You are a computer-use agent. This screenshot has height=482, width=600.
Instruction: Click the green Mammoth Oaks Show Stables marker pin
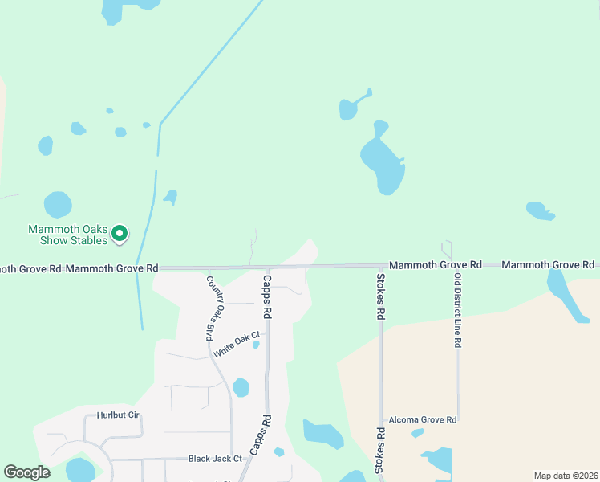(x=120, y=234)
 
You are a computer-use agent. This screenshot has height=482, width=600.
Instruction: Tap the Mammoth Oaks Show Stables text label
(x=68, y=234)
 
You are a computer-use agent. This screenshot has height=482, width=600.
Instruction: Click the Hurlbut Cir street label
(x=118, y=415)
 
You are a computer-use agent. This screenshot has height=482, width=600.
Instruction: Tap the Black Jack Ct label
(x=215, y=459)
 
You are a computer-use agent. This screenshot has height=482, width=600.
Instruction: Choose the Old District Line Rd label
(x=457, y=310)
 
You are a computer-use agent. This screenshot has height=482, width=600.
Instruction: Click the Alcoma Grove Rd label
(x=423, y=419)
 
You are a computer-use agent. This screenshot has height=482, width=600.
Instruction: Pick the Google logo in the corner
(x=27, y=472)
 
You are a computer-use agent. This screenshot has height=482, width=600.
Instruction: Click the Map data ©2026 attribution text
(x=565, y=476)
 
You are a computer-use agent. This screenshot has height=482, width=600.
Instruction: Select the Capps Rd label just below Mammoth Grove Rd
(x=267, y=294)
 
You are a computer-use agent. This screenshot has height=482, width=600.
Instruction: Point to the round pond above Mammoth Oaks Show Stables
(x=58, y=205)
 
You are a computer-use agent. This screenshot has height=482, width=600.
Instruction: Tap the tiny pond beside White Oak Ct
(x=256, y=345)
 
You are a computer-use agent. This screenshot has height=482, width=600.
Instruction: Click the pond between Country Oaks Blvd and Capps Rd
(x=241, y=388)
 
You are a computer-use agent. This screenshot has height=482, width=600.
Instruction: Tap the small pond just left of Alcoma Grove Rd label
(x=417, y=433)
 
